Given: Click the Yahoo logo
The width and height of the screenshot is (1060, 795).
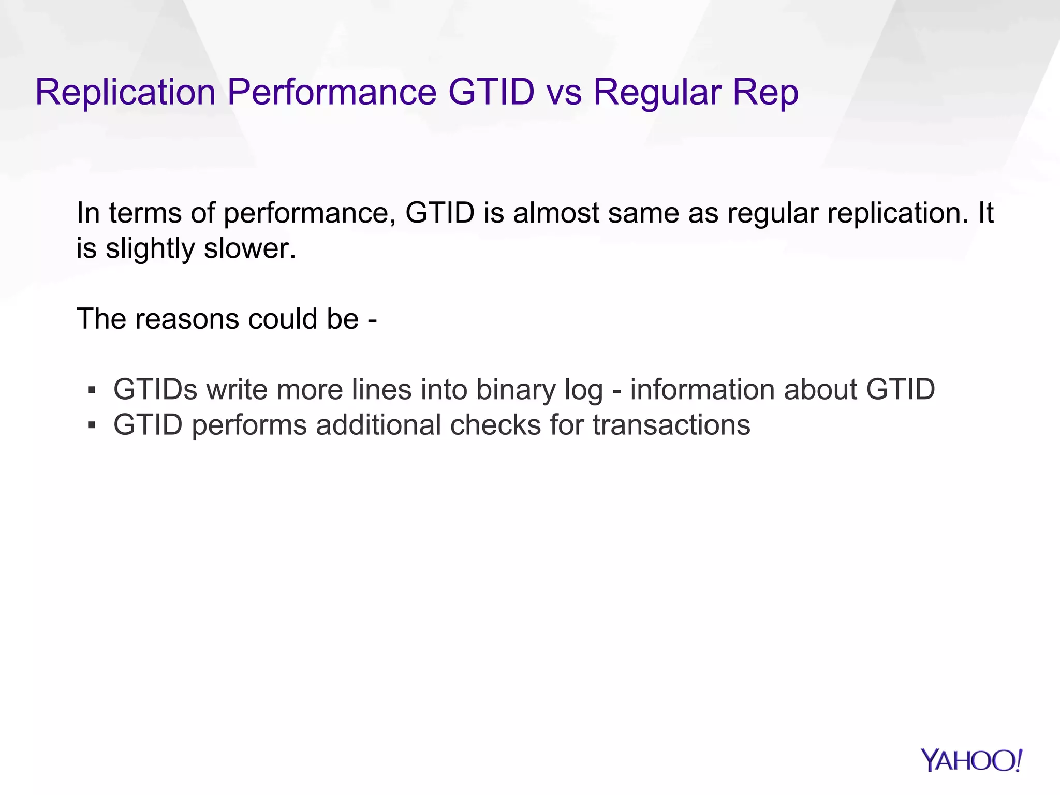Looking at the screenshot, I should click(971, 761).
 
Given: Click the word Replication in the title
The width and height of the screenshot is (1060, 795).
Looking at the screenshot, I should click(125, 93).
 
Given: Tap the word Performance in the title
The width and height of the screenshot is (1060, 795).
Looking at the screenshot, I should click(332, 93).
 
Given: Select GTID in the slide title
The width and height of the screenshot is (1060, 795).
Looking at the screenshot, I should click(491, 93).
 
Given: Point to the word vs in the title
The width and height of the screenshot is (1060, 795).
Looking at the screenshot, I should click(564, 93).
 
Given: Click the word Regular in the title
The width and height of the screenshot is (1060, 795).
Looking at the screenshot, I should click(657, 93).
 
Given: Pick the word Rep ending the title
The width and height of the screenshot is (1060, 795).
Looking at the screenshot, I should click(765, 93).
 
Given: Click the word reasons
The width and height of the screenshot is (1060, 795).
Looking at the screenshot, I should click(187, 319).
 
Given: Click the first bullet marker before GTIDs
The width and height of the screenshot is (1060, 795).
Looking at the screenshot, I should click(92, 390).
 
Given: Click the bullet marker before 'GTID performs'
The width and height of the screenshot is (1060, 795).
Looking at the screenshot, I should click(92, 425).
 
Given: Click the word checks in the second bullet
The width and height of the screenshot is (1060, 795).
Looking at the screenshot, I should click(495, 425).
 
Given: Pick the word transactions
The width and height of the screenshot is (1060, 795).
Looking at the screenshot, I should click(671, 425).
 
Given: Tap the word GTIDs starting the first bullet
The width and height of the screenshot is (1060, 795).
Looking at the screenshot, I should click(155, 390).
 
